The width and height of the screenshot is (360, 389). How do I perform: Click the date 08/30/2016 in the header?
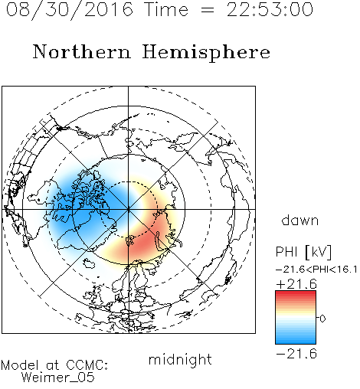coord(70,10)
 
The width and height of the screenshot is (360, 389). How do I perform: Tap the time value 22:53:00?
coord(270,10)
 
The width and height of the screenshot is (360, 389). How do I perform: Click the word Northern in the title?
coord(81,52)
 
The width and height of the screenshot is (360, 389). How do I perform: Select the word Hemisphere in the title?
coord(206,52)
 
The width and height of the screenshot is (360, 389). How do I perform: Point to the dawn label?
coord(300,220)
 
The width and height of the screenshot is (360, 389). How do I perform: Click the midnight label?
coord(180,359)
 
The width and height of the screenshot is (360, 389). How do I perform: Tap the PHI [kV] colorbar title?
coord(303,252)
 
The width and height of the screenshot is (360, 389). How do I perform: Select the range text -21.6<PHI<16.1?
coord(316,270)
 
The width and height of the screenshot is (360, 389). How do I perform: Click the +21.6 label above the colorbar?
coord(296,284)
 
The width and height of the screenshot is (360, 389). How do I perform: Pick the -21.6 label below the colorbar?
coord(296,354)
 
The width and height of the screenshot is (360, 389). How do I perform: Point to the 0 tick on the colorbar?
coord(322,319)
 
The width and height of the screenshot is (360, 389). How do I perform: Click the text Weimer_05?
coord(58,378)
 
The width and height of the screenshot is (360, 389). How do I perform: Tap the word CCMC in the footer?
coord(87,365)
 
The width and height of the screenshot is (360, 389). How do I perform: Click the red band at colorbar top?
coord(296,294)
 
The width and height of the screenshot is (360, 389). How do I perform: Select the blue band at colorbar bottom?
coord(296,341)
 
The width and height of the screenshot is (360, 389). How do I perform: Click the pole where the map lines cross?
coord(129,210)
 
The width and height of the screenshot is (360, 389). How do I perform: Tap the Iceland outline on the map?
coord(89,263)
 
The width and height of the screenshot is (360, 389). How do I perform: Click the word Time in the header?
coord(166,10)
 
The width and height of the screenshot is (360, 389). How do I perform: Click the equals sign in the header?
coord(207,10)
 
